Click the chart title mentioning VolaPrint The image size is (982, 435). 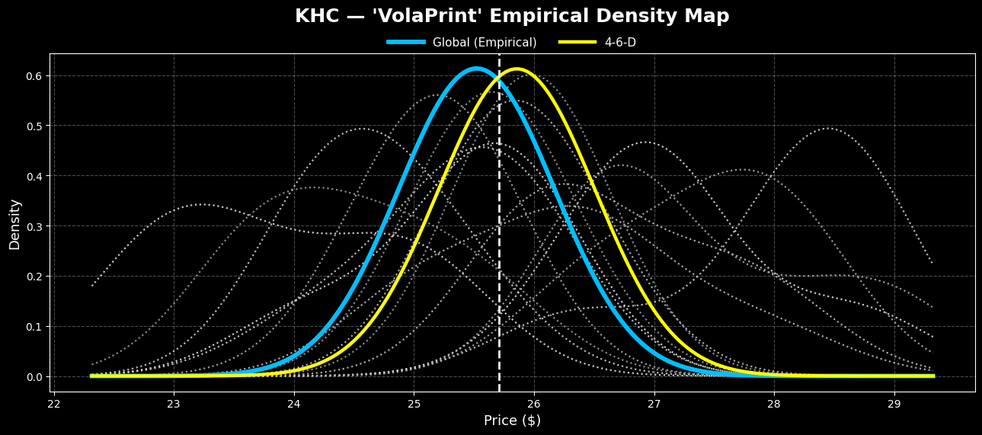click(512, 16)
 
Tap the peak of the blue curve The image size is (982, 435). click(475, 69)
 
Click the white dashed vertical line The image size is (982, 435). click(499, 229)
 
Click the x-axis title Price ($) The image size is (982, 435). click(512, 421)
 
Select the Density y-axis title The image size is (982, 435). click(14, 224)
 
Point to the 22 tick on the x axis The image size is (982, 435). click(54, 404)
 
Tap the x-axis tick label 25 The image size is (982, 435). click(414, 404)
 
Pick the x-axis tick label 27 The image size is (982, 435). click(654, 404)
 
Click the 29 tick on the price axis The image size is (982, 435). click(894, 404)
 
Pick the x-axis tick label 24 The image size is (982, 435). click(294, 404)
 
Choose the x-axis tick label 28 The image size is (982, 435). click(774, 404)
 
